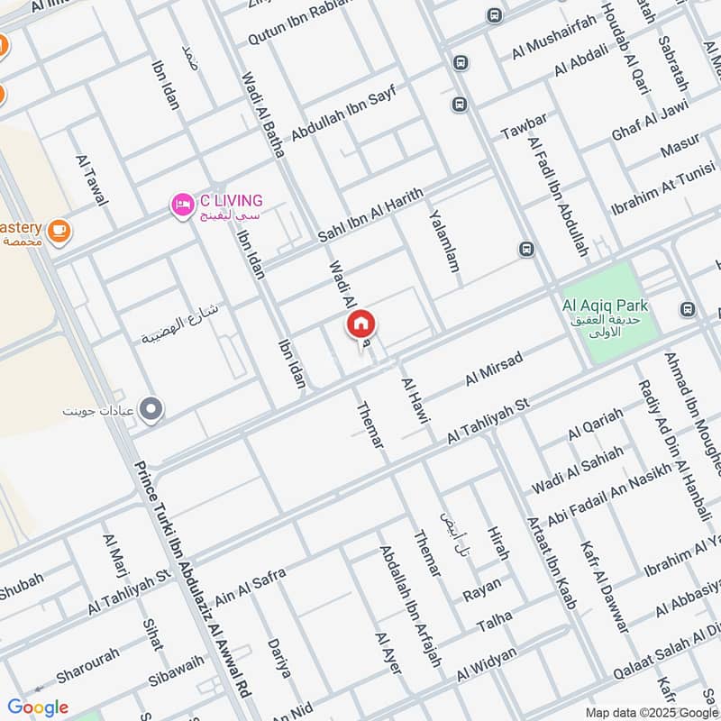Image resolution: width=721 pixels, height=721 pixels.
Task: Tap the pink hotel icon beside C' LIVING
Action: tap(183, 205)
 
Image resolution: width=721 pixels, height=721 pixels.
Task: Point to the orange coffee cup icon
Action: tap(59, 231)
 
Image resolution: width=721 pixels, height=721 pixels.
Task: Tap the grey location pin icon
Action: tap(152, 410)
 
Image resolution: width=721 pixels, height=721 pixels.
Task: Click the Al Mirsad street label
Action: tap(494, 370)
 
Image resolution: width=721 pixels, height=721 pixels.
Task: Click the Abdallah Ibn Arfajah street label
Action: tap(410, 606)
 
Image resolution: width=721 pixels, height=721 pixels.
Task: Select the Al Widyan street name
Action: tap(487, 664)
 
